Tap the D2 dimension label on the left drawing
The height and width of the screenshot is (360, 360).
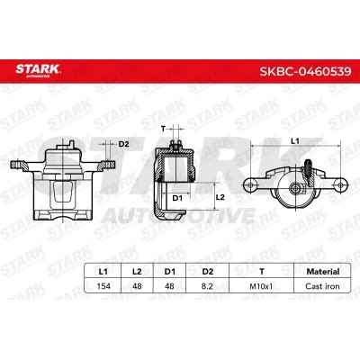124,143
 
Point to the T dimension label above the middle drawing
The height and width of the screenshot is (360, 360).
164,130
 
